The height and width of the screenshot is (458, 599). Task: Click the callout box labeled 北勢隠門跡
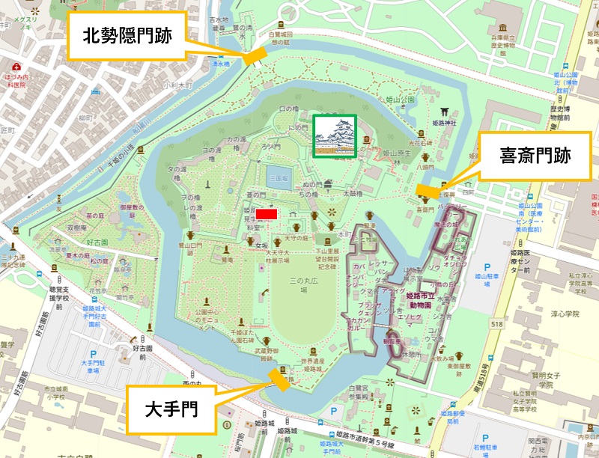coord(127,35)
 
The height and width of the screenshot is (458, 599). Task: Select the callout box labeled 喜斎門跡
coord(535,156)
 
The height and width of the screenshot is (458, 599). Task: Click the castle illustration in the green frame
coord(335,136)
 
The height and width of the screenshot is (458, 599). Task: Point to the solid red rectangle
coord(267,214)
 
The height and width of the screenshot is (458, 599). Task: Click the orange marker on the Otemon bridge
coord(279,379)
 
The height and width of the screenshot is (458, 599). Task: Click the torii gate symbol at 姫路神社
coord(442,107)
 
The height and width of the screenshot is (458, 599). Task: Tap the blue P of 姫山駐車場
coord(487,266)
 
